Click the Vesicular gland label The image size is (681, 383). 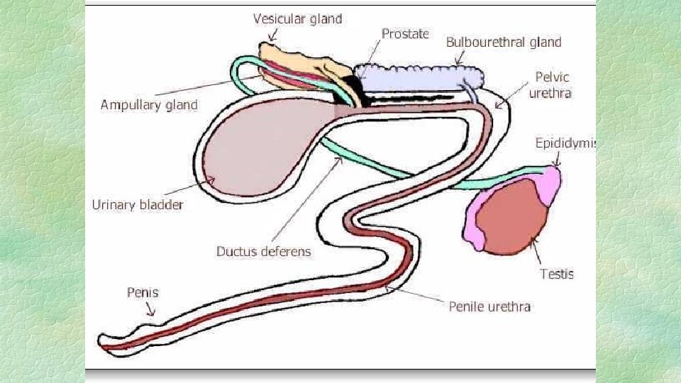tap(297, 19)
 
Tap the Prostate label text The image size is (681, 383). tap(405, 33)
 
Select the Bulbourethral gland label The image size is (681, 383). tap(503, 43)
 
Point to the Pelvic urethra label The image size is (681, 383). tap(553, 84)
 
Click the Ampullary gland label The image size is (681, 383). tap(149, 106)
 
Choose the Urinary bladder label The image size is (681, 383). tap(138, 205)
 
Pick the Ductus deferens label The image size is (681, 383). tap(263, 251)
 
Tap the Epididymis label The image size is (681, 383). tap(565, 143)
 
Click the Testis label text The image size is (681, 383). tap(556, 274)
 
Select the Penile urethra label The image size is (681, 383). tap(489, 306)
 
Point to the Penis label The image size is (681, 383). tap(143, 292)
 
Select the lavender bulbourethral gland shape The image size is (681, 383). tap(419, 77)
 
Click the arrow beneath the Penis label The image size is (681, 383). tap(150, 309)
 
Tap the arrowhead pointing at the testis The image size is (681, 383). tap(533, 243)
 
